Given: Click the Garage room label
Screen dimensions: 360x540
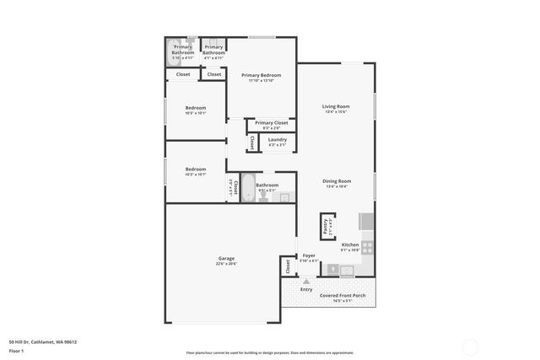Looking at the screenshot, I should [x=226, y=258].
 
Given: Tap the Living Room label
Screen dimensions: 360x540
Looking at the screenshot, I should [x=336, y=106].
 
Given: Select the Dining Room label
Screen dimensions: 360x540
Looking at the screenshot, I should [x=336, y=181].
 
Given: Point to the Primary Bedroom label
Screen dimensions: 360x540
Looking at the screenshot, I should [x=261, y=75].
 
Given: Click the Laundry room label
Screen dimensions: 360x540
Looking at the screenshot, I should [x=278, y=140].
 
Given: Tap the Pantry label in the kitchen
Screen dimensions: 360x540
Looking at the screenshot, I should [x=324, y=227].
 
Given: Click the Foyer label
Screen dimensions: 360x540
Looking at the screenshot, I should [x=309, y=255].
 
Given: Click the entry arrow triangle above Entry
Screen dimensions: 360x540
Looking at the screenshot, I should [x=306, y=280].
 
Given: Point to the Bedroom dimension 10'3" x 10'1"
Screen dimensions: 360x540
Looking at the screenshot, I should [x=196, y=113].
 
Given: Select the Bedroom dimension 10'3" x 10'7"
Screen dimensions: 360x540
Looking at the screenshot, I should [x=196, y=175].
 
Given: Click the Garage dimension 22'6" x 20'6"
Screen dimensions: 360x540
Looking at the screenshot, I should [x=226, y=264].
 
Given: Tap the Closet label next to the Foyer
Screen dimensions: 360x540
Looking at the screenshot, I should [x=288, y=266].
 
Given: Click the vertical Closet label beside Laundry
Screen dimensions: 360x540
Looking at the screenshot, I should [x=252, y=143].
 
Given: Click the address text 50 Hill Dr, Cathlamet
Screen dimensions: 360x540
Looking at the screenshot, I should [x=43, y=342].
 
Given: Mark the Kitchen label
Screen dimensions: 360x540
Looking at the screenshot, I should [x=350, y=244].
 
